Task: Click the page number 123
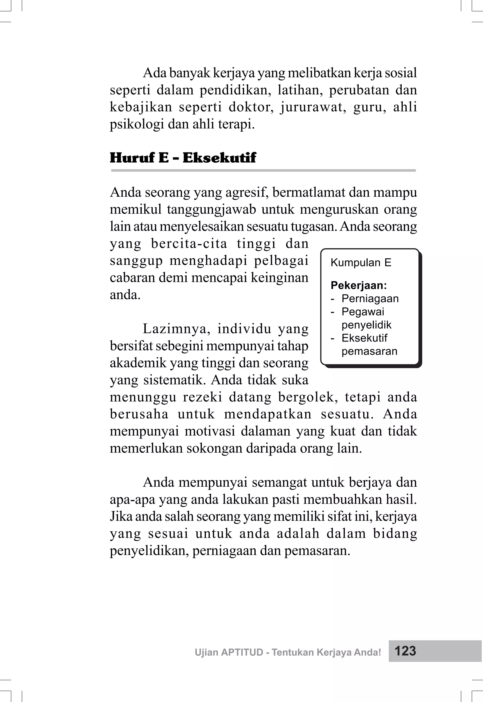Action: click(405, 651)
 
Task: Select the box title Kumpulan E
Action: click(361, 263)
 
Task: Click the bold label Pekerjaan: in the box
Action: click(359, 285)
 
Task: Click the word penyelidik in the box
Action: click(366, 325)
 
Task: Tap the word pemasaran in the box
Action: click(369, 351)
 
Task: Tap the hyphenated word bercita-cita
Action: click(189, 243)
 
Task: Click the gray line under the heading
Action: click(263, 171)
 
